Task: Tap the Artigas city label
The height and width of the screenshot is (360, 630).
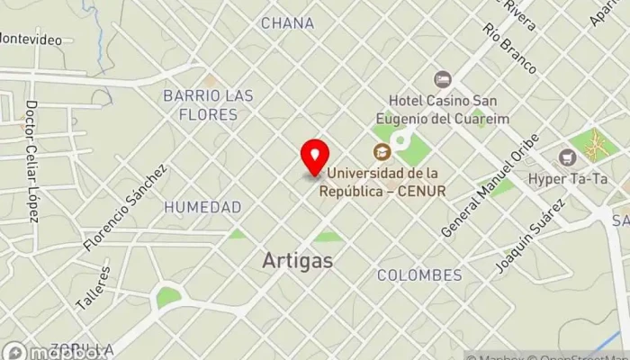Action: coord(297,261)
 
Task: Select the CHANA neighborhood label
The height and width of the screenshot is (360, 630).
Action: coord(287,23)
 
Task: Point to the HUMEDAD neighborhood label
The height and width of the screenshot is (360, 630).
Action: coord(202,207)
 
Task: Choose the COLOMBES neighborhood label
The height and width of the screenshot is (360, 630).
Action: coord(419,274)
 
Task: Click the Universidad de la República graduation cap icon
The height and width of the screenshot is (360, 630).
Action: coord(382,151)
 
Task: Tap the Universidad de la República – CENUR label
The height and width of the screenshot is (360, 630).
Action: coord(386,182)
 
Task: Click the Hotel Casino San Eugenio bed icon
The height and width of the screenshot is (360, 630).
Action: coord(441,79)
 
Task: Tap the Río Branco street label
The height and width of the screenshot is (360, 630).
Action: coord(509,50)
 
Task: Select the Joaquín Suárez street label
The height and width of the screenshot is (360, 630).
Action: coord(532,237)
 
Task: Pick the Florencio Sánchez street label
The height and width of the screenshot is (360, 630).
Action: coord(125,207)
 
